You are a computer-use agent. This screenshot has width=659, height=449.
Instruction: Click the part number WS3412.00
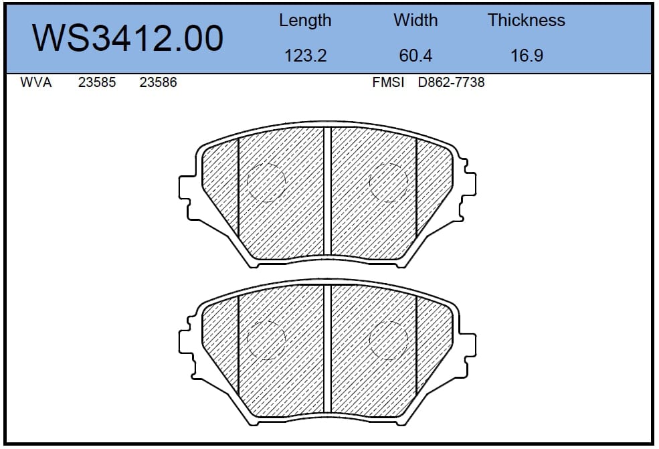click(127, 38)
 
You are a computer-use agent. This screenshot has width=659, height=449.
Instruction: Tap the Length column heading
click(305, 21)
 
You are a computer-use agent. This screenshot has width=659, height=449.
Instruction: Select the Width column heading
click(415, 20)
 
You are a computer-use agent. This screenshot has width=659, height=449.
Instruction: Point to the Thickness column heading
click(526, 20)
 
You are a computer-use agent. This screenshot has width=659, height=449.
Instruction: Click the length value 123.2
click(306, 56)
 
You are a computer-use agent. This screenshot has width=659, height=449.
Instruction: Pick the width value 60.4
click(415, 56)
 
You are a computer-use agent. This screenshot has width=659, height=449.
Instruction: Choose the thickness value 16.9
click(527, 56)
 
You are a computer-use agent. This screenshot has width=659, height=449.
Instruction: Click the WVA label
click(36, 82)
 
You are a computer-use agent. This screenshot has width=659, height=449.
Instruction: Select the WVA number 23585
click(96, 82)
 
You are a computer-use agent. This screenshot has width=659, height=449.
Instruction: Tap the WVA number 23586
click(158, 82)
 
